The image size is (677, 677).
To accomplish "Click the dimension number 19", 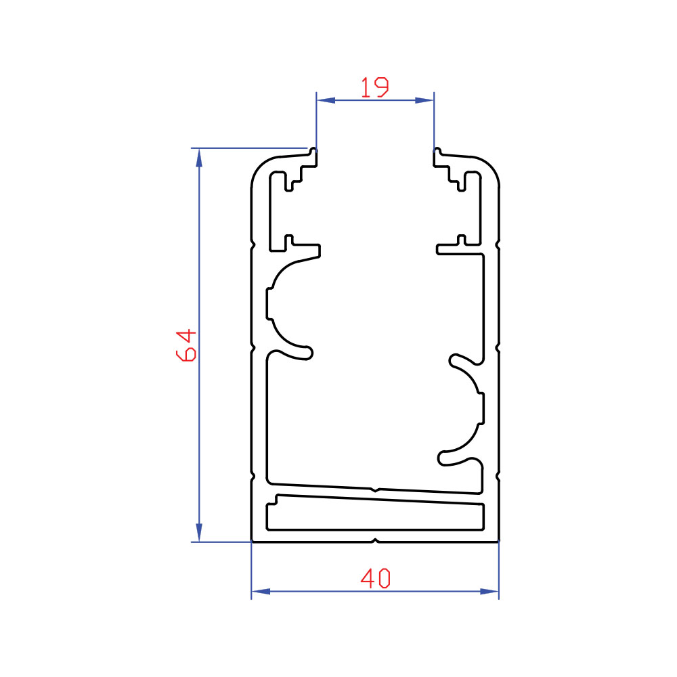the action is click(x=375, y=87).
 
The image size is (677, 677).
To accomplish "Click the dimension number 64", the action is click(x=186, y=345).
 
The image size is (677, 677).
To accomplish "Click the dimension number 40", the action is click(x=375, y=579).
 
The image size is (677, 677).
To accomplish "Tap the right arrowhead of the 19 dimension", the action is click(x=424, y=100).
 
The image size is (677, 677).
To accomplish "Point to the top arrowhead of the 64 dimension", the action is click(x=199, y=158).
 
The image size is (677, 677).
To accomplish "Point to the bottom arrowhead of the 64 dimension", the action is click(x=199, y=532).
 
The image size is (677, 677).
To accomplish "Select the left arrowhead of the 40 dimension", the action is click(x=261, y=591).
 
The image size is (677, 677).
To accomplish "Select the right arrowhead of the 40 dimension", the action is click(x=489, y=591).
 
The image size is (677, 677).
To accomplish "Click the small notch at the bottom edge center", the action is click(x=375, y=540).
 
